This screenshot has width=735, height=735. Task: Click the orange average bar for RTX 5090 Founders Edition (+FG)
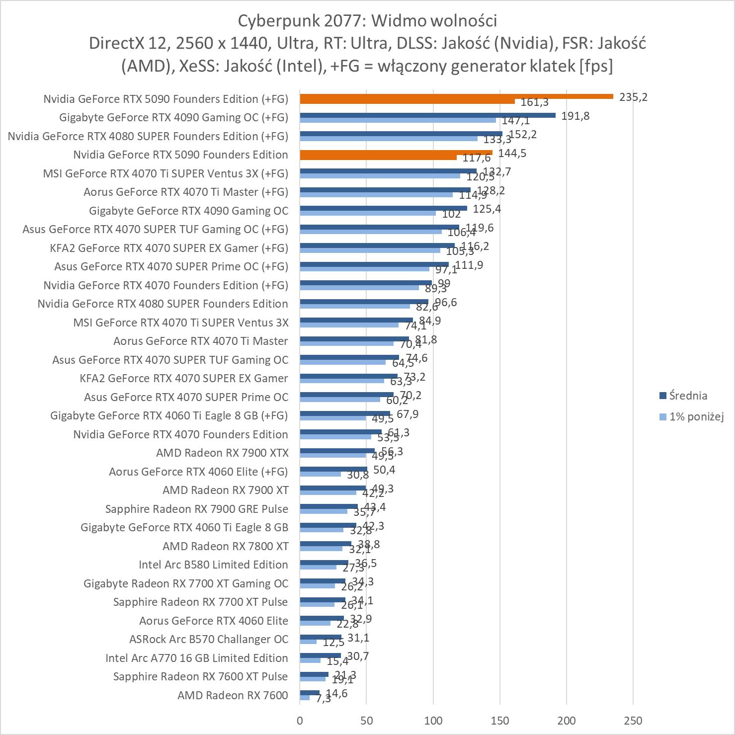(456, 96)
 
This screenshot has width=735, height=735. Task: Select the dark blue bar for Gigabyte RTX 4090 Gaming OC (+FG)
(427, 115)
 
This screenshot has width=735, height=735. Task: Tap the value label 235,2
(633, 97)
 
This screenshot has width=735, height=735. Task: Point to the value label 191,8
(575, 116)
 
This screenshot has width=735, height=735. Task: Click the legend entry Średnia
(688, 396)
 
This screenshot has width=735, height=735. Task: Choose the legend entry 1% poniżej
(696, 416)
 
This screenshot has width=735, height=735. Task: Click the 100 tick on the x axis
(433, 721)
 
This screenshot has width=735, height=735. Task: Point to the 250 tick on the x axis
(633, 721)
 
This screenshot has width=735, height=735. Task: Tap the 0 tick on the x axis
(300, 721)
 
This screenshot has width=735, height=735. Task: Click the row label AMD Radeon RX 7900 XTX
(222, 453)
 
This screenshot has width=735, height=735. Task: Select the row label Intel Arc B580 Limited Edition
(213, 565)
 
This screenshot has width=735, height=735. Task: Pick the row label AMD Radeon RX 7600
(233, 695)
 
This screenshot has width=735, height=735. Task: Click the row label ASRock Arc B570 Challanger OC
(208, 639)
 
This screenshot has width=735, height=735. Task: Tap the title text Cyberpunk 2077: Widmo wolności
(367, 21)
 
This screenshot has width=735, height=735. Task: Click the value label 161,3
(535, 103)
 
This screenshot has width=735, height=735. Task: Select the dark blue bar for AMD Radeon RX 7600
(310, 693)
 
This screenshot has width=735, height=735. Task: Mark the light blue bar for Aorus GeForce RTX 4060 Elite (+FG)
(320, 474)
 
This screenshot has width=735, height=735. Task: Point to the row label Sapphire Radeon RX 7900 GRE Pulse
(197, 509)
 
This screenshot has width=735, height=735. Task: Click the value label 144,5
(512, 153)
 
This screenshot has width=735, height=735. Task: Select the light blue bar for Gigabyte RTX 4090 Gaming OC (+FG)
(398, 120)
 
